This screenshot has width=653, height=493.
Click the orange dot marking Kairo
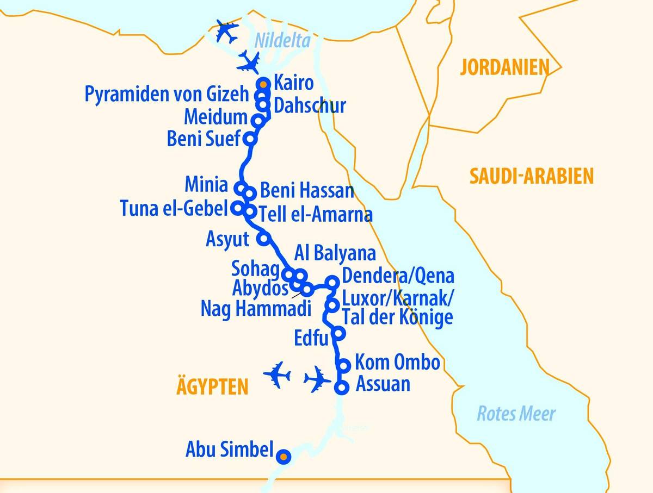click(x=263, y=84)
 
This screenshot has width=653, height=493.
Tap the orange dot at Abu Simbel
click(x=282, y=457)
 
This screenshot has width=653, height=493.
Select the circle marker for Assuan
click(x=341, y=388)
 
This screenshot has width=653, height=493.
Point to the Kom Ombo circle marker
click(x=344, y=365)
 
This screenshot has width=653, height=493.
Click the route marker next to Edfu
click(x=338, y=333)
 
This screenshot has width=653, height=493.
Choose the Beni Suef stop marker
click(x=250, y=138)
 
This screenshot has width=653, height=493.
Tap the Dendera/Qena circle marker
click(x=331, y=282)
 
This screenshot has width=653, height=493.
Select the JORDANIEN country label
click(x=504, y=67)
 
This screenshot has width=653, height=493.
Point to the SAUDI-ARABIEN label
click(x=531, y=176)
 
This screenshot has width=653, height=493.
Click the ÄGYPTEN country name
click(x=212, y=387)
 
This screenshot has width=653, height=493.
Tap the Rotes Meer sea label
click(x=516, y=414)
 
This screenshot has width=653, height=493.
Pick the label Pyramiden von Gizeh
click(x=167, y=95)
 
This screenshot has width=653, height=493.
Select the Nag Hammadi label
click(x=256, y=309)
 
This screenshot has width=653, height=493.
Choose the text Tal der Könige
click(x=397, y=317)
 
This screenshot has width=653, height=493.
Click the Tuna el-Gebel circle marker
click(x=237, y=208)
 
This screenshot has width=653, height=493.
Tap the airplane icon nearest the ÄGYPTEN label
click(x=277, y=375)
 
